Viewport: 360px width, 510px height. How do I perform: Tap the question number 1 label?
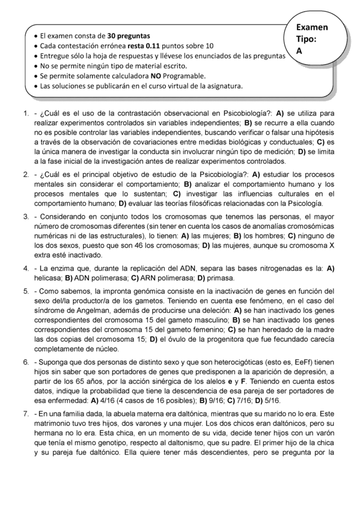click(x=26, y=112)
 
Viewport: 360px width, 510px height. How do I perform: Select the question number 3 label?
click(x=26, y=216)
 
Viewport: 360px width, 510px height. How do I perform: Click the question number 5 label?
click(x=26, y=291)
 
